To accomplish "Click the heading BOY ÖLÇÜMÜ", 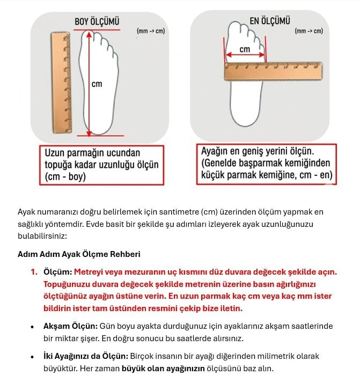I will (x=97, y=22).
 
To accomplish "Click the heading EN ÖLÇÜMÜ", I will (x=270, y=21).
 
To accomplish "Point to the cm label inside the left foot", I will (x=97, y=84).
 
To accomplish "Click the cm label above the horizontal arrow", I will (x=245, y=49).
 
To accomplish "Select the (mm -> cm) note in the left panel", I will (x=151, y=31).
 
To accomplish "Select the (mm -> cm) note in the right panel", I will (x=308, y=31).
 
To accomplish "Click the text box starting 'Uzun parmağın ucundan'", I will (x=101, y=164).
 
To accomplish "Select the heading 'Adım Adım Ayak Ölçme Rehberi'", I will (x=79, y=254).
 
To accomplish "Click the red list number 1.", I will (x=33, y=271).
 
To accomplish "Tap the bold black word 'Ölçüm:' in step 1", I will (x=57, y=271).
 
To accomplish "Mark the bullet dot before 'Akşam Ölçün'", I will (x=33, y=327).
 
